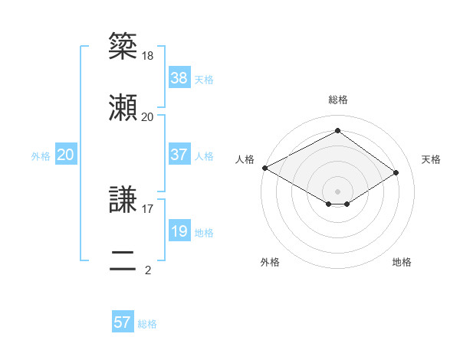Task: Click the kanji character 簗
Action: (x=123, y=47)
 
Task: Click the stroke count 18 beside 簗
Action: (x=147, y=56)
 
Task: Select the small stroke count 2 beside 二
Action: (x=148, y=270)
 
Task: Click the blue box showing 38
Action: (x=179, y=77)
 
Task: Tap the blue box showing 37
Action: (x=179, y=155)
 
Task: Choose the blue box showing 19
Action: (x=179, y=231)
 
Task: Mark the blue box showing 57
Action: (x=123, y=322)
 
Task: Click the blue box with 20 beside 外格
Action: (x=66, y=155)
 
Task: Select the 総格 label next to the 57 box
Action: (x=147, y=324)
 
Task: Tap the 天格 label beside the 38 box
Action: (x=204, y=79)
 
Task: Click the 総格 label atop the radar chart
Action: (x=338, y=100)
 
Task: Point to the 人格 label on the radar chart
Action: (x=245, y=159)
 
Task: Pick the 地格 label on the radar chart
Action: (x=402, y=263)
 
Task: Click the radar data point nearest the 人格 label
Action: (x=264, y=168)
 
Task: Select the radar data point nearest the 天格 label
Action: (x=396, y=173)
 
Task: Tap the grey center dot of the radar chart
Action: (x=338, y=191)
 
